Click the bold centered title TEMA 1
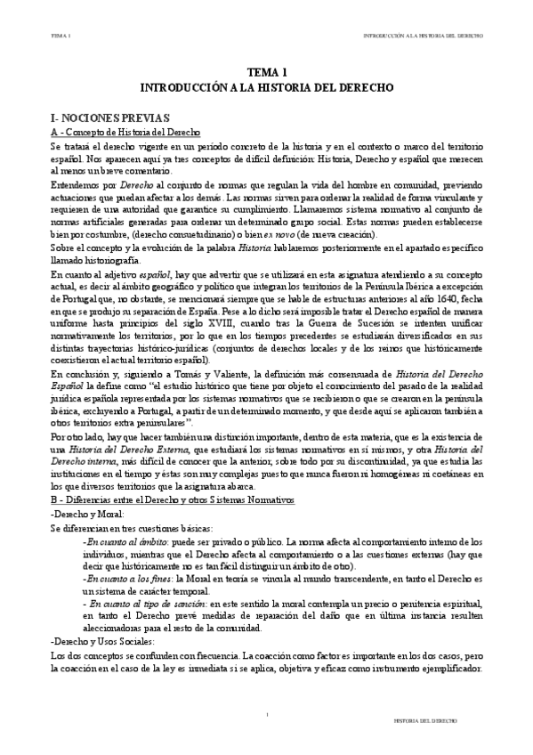coord(267,74)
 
